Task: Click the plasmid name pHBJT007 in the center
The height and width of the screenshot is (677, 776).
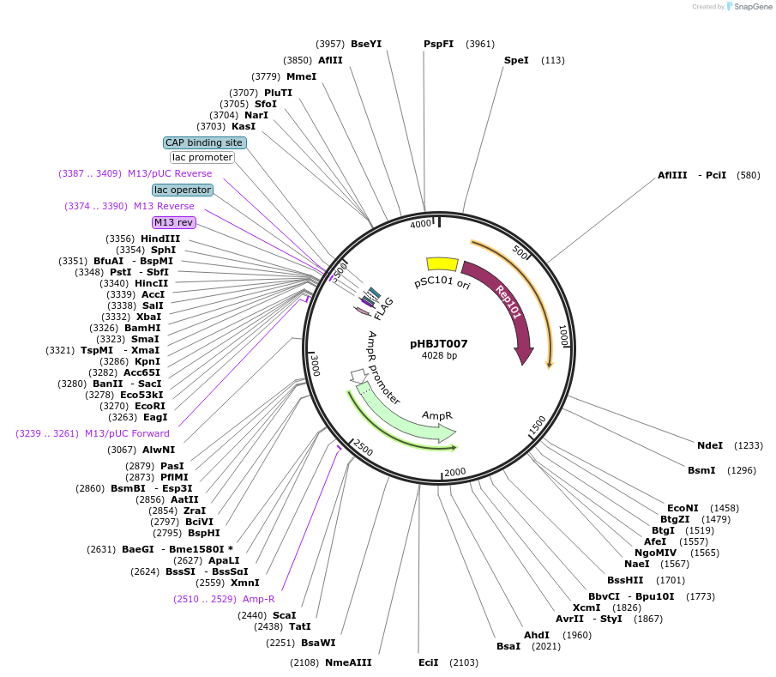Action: pos(438,343)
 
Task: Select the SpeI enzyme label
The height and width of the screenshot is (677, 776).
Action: pos(516,60)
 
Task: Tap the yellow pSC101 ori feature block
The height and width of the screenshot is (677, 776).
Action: pos(442,264)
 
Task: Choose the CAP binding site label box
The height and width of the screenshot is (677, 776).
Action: pos(204,142)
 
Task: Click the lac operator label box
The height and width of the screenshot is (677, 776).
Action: pos(183,190)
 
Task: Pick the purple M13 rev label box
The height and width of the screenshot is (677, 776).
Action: pos(174,222)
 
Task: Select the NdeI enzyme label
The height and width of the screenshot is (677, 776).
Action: pos(710,445)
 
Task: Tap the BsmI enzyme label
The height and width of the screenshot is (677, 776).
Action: pos(701,470)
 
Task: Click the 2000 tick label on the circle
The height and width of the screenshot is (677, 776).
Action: pos(454,472)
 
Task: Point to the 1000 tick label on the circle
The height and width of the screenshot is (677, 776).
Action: pos(563,335)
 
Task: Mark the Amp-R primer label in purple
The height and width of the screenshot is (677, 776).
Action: pos(258,599)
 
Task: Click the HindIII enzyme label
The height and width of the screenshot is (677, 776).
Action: pos(160,239)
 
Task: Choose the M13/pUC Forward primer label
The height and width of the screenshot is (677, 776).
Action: pos(127,433)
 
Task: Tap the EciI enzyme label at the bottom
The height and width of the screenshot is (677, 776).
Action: pos(428,662)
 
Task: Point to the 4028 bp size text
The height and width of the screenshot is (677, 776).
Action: pos(439,355)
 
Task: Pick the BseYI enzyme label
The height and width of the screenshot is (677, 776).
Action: pos(366,44)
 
